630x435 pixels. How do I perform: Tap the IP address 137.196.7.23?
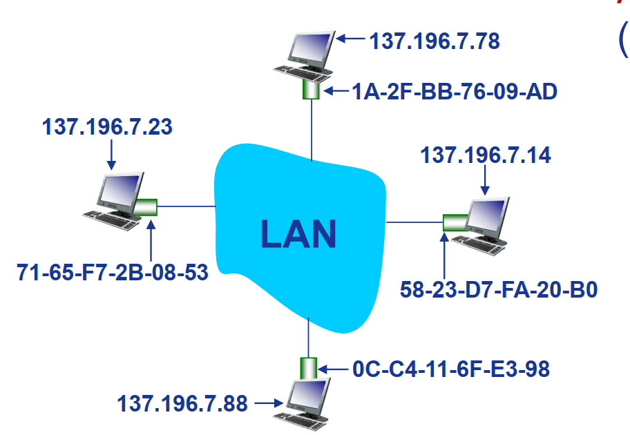point(107,128)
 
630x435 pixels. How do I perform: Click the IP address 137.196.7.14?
point(486,155)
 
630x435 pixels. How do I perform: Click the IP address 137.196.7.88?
point(182,403)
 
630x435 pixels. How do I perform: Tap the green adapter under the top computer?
point(311,90)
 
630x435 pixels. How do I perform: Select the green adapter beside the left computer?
point(146,206)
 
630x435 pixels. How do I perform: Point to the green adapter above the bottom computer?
point(308,368)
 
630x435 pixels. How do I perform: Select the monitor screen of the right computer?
point(488,213)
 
